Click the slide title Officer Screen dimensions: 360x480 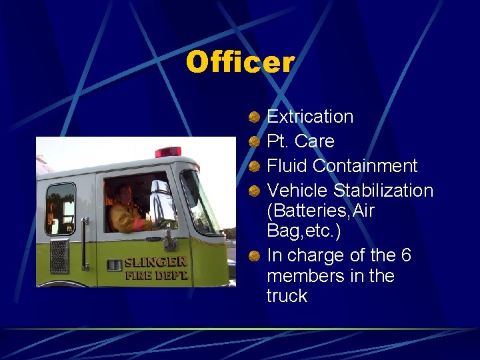point(240,63)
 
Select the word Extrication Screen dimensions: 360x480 point(310,117)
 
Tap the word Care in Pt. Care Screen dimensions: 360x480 point(314,141)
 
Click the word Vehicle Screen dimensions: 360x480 point(297,191)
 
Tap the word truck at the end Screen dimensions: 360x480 point(287,296)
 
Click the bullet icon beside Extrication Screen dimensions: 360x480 point(254,117)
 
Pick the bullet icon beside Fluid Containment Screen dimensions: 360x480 point(254,167)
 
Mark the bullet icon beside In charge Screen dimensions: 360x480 point(254,257)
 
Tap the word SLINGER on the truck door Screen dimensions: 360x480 point(156,262)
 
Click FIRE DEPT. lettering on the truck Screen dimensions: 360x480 point(156,275)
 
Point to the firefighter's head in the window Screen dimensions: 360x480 point(124,193)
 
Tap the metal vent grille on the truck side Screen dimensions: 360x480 point(59,256)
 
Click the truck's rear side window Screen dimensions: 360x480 point(60,208)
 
